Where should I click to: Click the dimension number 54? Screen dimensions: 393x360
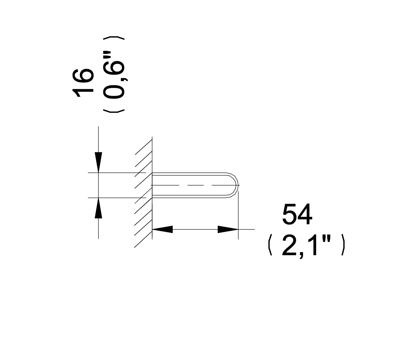click(297, 215)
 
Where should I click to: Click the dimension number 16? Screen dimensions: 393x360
click(83, 83)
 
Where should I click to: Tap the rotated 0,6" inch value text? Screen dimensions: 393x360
click(114, 75)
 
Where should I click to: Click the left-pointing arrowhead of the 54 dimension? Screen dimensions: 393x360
click(162, 229)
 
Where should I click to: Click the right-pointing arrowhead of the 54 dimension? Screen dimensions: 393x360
click(228, 229)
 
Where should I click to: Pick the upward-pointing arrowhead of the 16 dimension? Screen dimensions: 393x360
click(98, 208)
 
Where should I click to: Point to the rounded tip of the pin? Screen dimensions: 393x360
click(238, 185)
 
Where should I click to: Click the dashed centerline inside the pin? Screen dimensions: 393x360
click(195, 185)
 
